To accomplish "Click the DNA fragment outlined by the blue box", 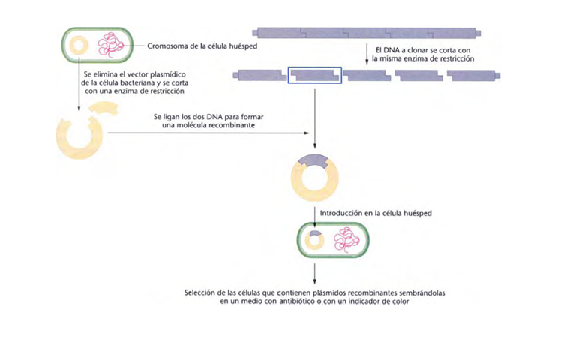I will pyautogui.click(x=315, y=75).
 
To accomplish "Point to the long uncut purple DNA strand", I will pyautogui.click(x=367, y=33).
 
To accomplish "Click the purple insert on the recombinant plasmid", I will pyautogui.click(x=315, y=160).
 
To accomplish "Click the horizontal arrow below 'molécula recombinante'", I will pyautogui.click(x=210, y=133).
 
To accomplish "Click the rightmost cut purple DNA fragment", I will pyautogui.click(x=473, y=75).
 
